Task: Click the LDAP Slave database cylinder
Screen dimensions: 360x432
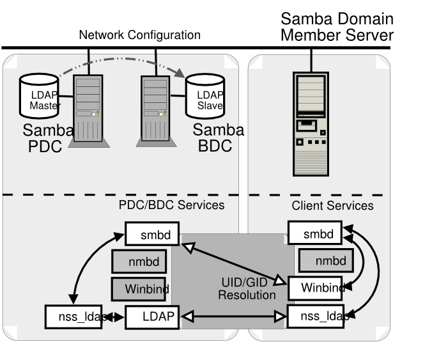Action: coord(205,97)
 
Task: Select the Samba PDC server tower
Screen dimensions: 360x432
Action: coord(88,110)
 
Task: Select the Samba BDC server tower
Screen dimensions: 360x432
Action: coord(155,110)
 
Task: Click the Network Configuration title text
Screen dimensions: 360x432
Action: coord(139,35)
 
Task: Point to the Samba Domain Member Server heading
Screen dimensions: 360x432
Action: coord(337,27)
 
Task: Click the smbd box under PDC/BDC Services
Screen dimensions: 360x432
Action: coord(152,234)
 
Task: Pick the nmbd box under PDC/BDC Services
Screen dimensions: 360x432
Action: coord(139,261)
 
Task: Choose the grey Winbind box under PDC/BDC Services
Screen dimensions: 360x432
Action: coord(139,289)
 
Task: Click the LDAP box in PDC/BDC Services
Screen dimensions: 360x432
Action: coord(152,317)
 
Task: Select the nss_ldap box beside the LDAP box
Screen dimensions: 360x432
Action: coord(74,317)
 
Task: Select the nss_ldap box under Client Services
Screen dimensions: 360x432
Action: coord(315,316)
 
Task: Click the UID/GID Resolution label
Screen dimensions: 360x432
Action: coord(246,288)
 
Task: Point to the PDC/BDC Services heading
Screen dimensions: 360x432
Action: coord(172,205)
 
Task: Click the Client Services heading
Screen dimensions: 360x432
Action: coord(332,206)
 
